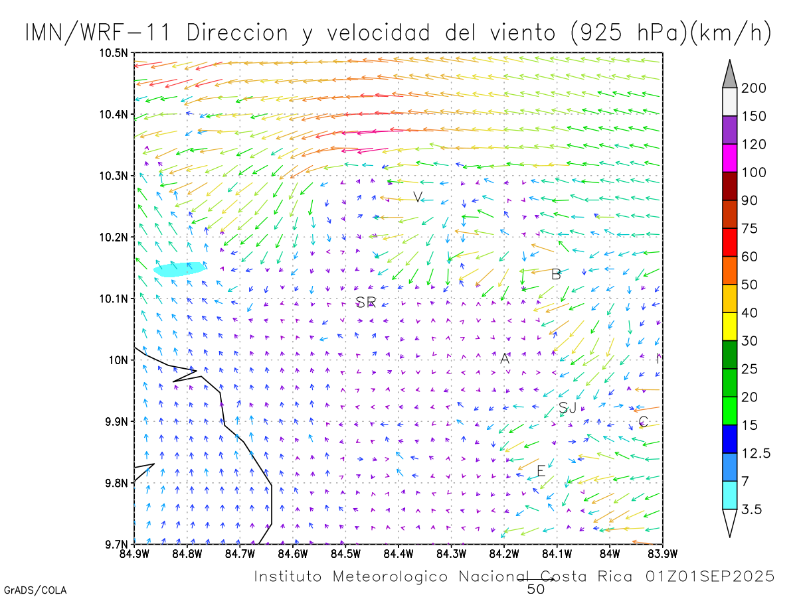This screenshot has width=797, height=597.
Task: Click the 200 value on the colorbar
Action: pyautogui.click(x=753, y=88)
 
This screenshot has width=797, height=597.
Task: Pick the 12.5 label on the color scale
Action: pyautogui.click(x=756, y=453)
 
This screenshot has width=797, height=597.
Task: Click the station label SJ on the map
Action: pyautogui.click(x=567, y=407)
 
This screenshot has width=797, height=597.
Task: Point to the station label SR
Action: pyautogui.click(x=366, y=302)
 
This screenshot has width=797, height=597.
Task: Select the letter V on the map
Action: pyautogui.click(x=418, y=197)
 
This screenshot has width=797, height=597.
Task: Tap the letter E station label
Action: pyautogui.click(x=541, y=471)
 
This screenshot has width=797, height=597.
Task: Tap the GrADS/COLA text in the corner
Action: pyautogui.click(x=35, y=590)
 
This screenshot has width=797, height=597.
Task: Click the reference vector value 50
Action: pyautogui.click(x=536, y=588)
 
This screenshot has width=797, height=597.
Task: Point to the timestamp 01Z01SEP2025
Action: pyautogui.click(x=709, y=576)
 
